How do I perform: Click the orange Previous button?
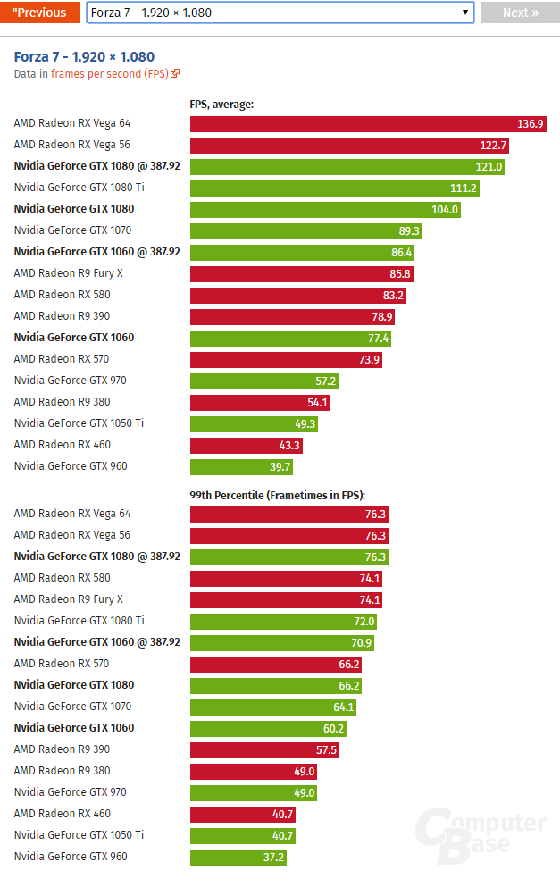click(39, 13)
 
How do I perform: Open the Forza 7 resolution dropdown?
click(280, 13)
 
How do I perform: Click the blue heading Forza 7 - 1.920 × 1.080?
click(84, 57)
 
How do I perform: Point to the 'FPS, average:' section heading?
click(221, 105)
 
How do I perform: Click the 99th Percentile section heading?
click(278, 495)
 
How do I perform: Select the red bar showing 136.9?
click(368, 123)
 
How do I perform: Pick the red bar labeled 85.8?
click(302, 273)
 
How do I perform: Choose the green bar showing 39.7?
click(241, 466)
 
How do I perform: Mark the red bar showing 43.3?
click(247, 445)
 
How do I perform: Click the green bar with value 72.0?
click(283, 621)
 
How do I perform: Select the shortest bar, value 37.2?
click(238, 857)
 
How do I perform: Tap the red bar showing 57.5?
click(264, 749)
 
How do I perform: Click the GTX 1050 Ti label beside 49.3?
click(79, 423)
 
